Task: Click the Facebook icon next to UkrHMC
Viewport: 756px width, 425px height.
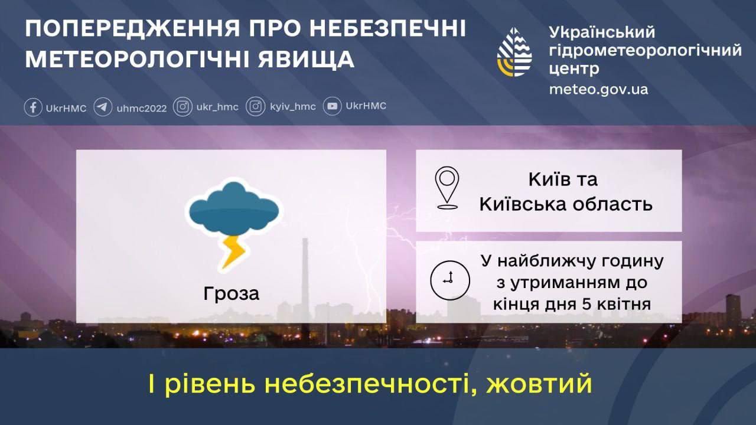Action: coord(33,107)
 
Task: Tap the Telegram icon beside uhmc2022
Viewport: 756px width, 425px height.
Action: coord(103,107)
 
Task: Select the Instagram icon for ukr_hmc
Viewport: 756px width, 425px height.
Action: coord(183,107)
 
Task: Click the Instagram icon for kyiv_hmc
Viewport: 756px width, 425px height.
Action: coord(256,107)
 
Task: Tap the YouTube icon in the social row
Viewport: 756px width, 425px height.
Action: coord(332,106)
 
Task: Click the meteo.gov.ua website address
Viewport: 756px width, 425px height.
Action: coord(598,89)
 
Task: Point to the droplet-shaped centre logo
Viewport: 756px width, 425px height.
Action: coord(514,53)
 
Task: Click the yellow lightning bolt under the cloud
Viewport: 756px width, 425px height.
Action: coord(233,251)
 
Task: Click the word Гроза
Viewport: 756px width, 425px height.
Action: coord(231,293)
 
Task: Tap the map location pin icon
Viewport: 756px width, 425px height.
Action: coord(447,188)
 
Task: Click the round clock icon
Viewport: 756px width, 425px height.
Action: coord(450,280)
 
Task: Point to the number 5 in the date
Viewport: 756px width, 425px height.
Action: coord(586,304)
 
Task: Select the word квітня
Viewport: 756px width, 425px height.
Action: coord(624,304)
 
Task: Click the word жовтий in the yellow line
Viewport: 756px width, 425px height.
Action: coord(539,384)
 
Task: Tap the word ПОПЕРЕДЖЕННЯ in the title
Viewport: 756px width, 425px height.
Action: coord(132,29)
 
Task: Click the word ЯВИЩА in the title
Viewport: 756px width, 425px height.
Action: coord(306,60)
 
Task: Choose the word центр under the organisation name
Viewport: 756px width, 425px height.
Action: coord(574,69)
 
